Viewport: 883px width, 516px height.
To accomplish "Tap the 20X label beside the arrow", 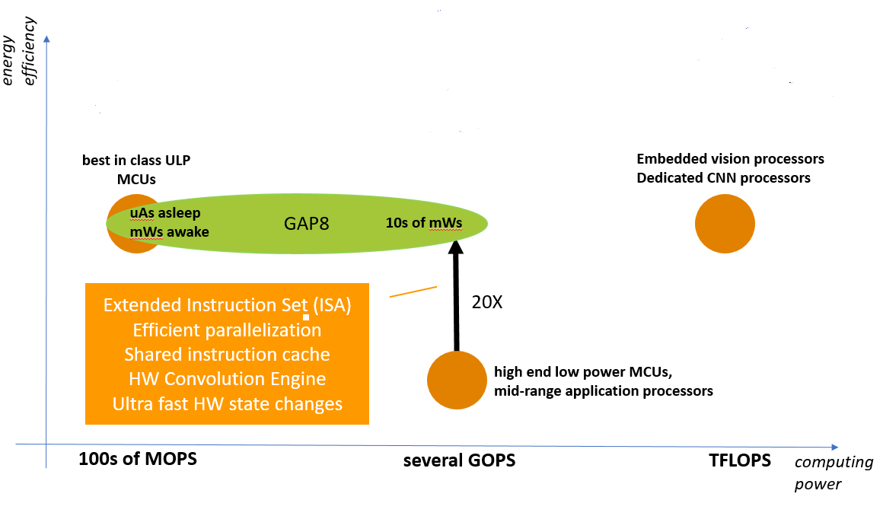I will [487, 301].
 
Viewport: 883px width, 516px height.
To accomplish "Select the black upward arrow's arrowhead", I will [456, 247].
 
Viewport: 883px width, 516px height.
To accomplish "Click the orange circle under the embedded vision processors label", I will [725, 224].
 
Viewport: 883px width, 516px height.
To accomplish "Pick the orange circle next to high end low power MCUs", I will [456, 380].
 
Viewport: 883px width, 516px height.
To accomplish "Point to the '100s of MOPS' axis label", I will [138, 460].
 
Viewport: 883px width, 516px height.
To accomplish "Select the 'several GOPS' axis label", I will [459, 461].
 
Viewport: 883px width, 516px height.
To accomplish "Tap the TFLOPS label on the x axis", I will [739, 460].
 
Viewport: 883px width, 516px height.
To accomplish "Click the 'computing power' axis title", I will [833, 473].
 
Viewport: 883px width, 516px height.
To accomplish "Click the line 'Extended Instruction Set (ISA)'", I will [227, 305].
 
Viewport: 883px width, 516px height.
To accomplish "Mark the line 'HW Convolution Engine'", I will [227, 379].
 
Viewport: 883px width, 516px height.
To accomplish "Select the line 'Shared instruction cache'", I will [227, 355].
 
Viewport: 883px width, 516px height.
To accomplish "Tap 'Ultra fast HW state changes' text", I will [227, 403].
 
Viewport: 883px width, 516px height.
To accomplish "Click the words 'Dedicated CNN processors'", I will [723, 178].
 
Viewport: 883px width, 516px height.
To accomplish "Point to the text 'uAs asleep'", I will [165, 214].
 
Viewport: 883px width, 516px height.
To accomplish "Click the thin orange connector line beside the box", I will [413, 291].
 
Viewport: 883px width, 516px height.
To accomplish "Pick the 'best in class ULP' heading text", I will [137, 161].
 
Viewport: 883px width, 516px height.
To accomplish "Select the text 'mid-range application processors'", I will [604, 391].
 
